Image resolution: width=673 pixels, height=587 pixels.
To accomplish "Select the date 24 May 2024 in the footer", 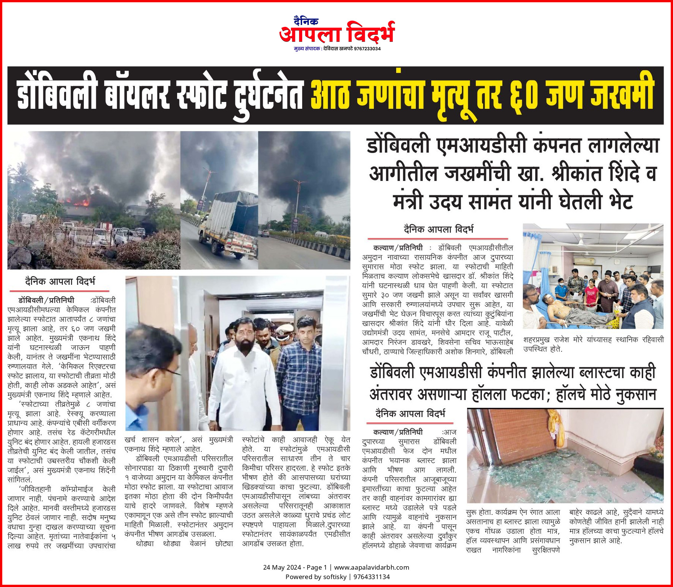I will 282,567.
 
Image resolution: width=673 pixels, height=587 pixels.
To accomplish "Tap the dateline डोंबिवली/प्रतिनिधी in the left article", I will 46,301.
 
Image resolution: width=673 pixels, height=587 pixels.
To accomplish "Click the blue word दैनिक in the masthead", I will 306,21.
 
